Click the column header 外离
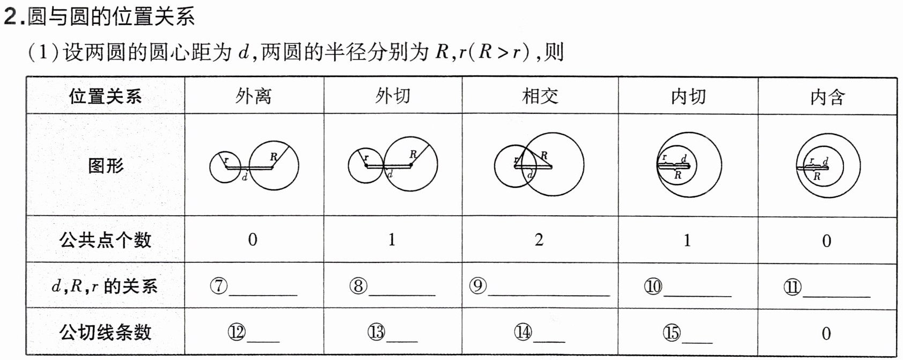[x=253, y=96]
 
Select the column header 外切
[x=392, y=96]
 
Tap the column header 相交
[x=540, y=96]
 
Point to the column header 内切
[x=688, y=97]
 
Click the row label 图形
[x=106, y=165]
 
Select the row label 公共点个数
[x=106, y=240]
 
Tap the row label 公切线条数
[x=106, y=332]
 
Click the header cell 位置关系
[x=106, y=97]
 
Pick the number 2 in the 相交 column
[x=539, y=239]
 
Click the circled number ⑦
[x=219, y=286]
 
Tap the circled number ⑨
[x=478, y=286]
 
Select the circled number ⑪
[x=792, y=287]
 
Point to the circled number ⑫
[x=236, y=333]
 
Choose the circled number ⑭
[x=523, y=333]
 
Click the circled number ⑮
[x=671, y=333]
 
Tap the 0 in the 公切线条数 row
[x=826, y=334]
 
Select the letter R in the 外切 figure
[x=413, y=155]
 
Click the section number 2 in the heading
[x=10, y=17]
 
